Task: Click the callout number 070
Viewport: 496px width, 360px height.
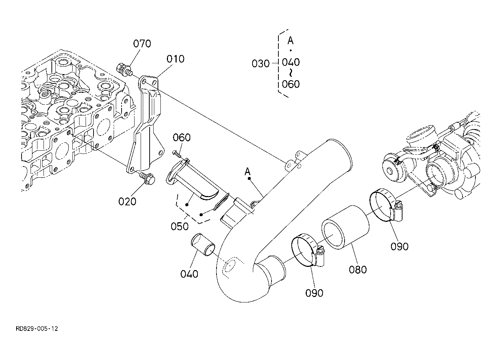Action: [x=142, y=44]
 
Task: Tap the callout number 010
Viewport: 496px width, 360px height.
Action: [x=176, y=59]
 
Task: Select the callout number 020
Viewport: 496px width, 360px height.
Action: [x=127, y=201]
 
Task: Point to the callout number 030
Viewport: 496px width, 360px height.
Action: [x=261, y=64]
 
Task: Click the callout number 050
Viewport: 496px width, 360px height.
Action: [x=179, y=226]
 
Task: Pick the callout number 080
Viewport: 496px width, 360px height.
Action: [x=358, y=269]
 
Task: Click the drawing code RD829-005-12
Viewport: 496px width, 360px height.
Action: [x=37, y=329]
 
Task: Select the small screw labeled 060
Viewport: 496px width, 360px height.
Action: [x=177, y=154]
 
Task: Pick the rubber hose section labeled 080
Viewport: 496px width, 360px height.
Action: [x=345, y=228]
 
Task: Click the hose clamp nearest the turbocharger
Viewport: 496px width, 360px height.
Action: [x=386, y=205]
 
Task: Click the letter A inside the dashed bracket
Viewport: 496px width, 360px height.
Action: [x=291, y=41]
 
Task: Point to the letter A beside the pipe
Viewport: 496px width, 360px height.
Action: [x=247, y=172]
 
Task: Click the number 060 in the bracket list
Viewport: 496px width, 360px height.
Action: [x=291, y=84]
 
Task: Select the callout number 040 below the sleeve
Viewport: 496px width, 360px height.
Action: [x=189, y=274]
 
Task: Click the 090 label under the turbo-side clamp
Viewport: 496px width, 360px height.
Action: [x=400, y=246]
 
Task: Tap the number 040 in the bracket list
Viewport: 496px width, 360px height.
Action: [x=291, y=62]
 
